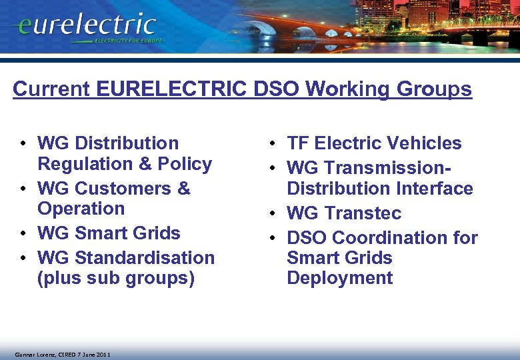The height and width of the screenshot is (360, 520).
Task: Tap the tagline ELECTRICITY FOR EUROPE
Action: coord(137,41)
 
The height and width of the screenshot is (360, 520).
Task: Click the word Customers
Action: coord(117,189)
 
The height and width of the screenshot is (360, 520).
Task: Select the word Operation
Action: coord(81,209)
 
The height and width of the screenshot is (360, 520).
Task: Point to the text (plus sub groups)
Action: coord(116,278)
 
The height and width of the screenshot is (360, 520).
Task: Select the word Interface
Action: coord(435,189)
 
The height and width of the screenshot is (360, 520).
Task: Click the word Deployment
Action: coord(339,278)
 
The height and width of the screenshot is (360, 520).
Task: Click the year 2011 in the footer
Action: coord(101,354)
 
